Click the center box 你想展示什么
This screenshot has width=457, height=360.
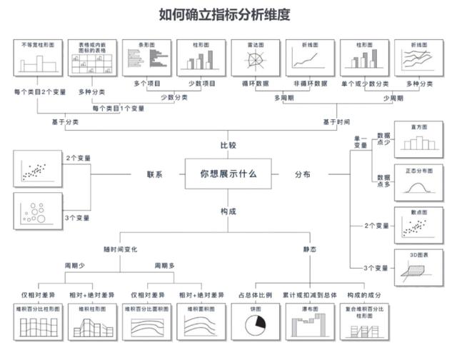pyautogui.click(x=228, y=174)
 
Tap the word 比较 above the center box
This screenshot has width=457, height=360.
pyautogui.click(x=228, y=146)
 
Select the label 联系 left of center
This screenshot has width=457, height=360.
pyautogui.click(x=156, y=174)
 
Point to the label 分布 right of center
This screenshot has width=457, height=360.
pyautogui.click(x=303, y=174)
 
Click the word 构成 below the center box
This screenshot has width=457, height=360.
pyautogui.click(x=228, y=212)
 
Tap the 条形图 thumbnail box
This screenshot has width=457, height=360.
pyautogui.click(x=146, y=57)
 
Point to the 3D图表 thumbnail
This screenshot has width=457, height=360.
pyautogui.click(x=418, y=268)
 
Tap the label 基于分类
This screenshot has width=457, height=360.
pyautogui.click(x=65, y=122)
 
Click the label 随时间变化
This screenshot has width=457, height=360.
pyautogui.click(x=121, y=249)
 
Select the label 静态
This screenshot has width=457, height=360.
pyautogui.click(x=309, y=249)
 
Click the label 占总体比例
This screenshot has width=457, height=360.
pyautogui.click(x=254, y=294)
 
